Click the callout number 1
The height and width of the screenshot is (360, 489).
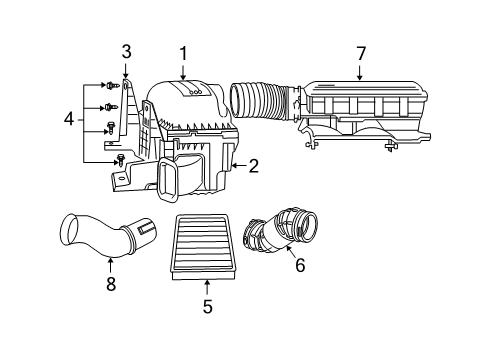[183, 52]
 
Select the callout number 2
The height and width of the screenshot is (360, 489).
[254, 166]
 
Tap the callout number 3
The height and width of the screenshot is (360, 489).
[126, 51]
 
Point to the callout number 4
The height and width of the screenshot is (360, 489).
[68, 119]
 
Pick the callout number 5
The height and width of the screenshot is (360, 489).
[207, 307]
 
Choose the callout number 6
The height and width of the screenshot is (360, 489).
[299, 265]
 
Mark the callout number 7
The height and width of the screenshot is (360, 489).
[360, 52]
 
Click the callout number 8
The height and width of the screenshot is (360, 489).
[110, 285]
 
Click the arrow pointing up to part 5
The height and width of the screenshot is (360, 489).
[207, 287]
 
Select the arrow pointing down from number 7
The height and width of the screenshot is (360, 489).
[360, 70]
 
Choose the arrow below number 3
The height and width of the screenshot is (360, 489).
[126, 69]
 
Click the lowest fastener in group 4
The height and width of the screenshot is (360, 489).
[121, 160]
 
